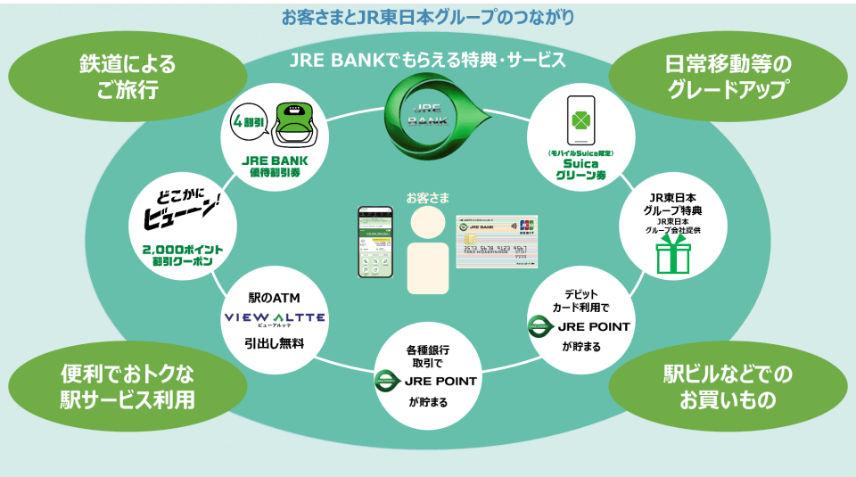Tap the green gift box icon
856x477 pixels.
click(673, 255)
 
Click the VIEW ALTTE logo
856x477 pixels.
click(274, 318)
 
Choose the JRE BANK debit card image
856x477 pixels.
click(497, 242)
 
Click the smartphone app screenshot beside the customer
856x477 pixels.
click(375, 243)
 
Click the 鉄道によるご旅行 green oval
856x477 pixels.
click(127, 78)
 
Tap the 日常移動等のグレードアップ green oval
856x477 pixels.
click(728, 78)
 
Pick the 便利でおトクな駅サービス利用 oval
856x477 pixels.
click(127, 387)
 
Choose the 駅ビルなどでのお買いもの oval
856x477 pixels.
click(728, 387)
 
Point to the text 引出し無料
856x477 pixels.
click(274, 341)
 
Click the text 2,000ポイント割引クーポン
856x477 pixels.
click(182, 257)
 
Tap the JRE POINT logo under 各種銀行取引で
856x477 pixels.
click(427, 381)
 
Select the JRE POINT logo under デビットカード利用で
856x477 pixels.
click(580, 326)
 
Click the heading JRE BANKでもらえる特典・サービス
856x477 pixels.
click(428, 60)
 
